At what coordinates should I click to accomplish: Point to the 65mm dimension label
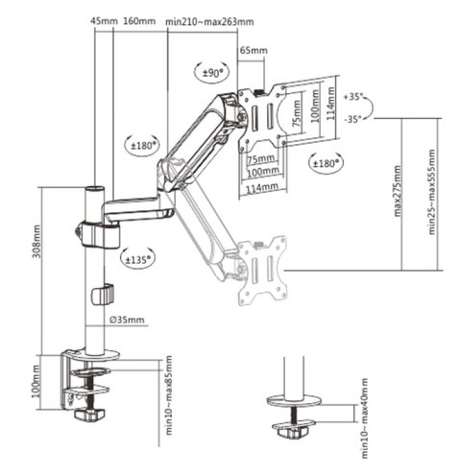[x=252, y=50]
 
